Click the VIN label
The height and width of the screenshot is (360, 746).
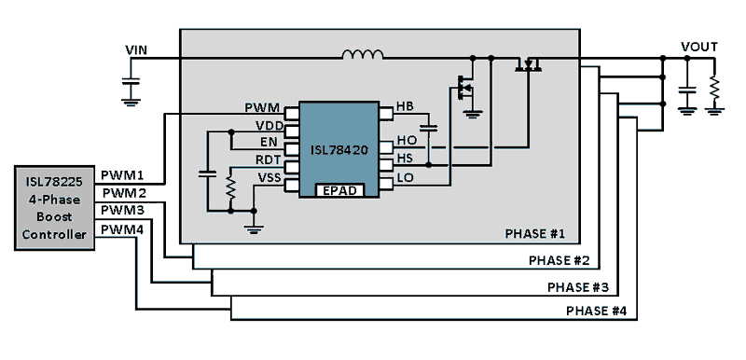coord(138,48)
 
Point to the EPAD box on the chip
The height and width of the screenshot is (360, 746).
coord(341,189)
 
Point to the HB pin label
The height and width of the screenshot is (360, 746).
coord(405,106)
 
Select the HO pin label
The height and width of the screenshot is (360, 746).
coord(406,141)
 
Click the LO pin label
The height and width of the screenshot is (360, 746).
coord(406,176)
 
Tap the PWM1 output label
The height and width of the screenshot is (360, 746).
coord(122,175)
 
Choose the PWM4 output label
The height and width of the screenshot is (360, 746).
coord(122,228)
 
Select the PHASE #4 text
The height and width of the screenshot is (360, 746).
coord(597,311)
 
